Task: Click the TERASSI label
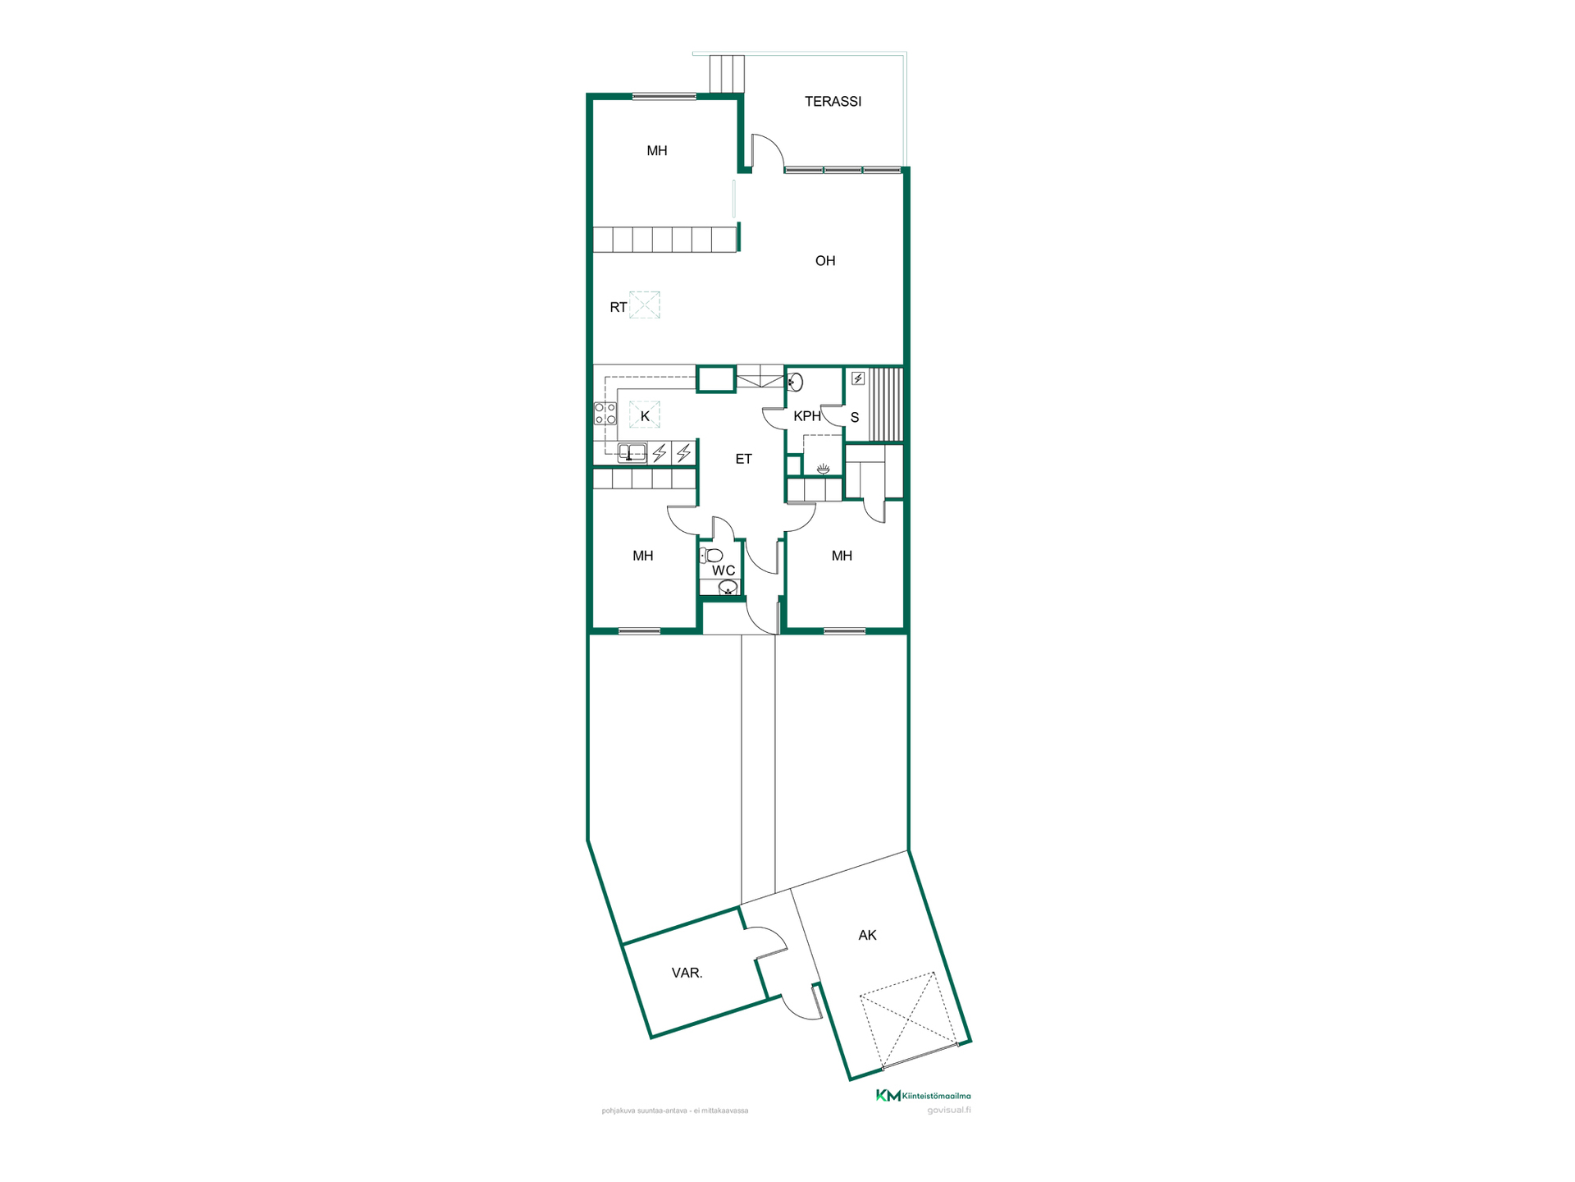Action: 833,102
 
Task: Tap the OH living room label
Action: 825,261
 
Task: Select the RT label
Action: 619,308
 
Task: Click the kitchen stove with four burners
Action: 605,414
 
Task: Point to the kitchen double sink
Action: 632,452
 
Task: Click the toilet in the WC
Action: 711,556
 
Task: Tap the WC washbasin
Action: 728,588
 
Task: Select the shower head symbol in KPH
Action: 823,469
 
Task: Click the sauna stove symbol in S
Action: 858,378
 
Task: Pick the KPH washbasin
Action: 795,382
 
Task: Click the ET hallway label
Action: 743,460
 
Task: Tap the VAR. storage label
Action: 687,974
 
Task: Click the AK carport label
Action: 867,936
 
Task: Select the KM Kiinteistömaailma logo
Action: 923,1096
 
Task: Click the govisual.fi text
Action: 949,1111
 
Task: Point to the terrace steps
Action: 727,74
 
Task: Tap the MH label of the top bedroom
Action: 656,151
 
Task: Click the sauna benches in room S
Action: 886,405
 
